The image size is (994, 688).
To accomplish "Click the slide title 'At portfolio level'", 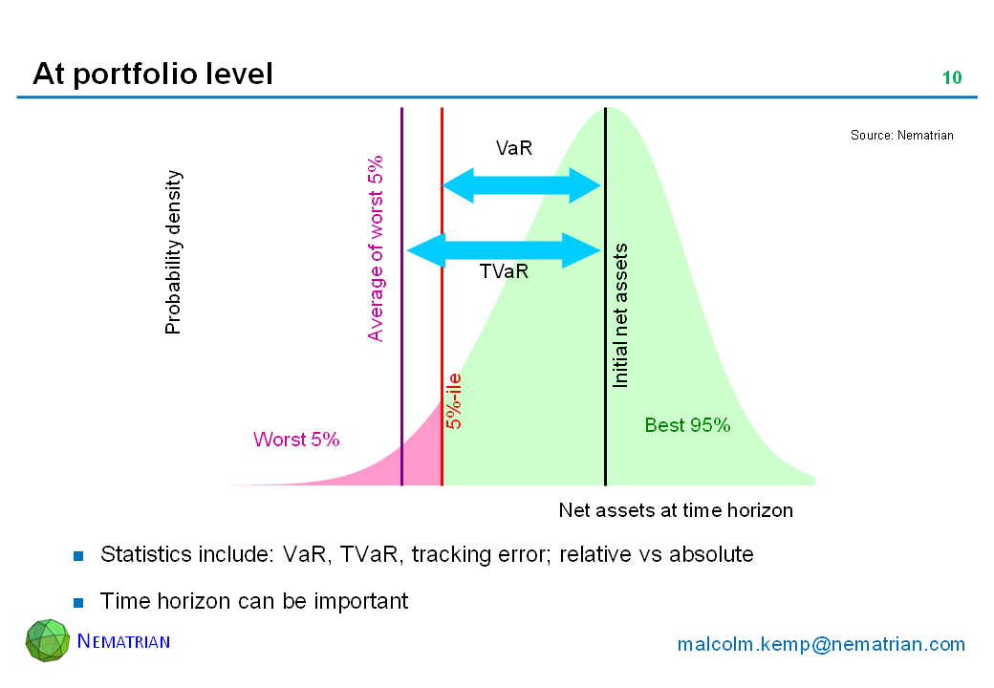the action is (x=153, y=75).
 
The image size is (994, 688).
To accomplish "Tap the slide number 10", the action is (x=952, y=78).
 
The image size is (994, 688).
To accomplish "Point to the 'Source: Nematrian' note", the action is (x=901, y=135).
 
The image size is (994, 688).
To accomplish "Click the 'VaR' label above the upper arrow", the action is (x=514, y=148).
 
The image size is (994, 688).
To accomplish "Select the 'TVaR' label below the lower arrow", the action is (x=504, y=271).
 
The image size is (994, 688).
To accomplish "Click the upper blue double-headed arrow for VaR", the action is (x=521, y=185).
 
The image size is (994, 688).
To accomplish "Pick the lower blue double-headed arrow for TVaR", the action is (x=504, y=251).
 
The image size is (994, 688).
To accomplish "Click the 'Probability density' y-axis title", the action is (x=172, y=252).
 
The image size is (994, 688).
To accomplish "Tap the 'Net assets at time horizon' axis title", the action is (x=676, y=510).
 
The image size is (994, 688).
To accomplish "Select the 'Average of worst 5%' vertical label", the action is (x=376, y=248).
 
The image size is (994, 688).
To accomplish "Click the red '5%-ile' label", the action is (x=454, y=401).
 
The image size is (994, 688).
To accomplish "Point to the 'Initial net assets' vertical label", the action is (x=620, y=315).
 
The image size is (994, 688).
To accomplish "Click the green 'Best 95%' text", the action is (x=687, y=425).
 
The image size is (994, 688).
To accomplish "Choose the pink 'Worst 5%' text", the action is (x=296, y=439).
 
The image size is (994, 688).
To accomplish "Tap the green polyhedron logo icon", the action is (x=48, y=640).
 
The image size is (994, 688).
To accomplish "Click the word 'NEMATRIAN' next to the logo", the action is (x=123, y=641).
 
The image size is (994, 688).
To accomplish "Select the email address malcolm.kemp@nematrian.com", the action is (x=821, y=644).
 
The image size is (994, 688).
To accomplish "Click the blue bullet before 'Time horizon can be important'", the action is (x=78, y=602).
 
